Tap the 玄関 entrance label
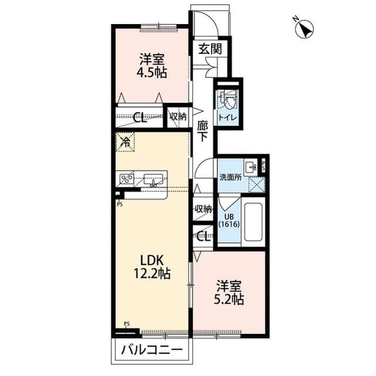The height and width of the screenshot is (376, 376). coord(209,49)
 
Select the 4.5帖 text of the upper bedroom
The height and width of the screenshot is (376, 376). coord(152,72)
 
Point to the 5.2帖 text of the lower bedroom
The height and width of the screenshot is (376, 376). coord(229,299)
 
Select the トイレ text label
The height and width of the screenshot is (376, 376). coord(227,118)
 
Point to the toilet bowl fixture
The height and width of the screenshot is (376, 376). coord(227,99)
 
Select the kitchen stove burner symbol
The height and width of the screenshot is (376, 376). coord(127,177)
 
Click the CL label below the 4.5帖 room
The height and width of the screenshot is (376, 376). coord(139,117)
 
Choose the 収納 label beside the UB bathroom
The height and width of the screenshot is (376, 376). coord(203,209)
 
